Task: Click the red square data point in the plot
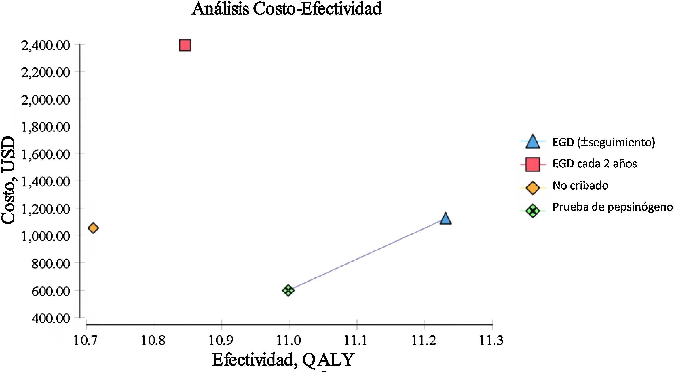click(185, 46)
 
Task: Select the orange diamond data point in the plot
click(93, 228)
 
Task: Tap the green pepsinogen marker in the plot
click(288, 290)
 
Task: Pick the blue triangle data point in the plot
click(445, 219)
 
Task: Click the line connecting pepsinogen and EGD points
click(366, 255)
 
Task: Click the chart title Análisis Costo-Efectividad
click(286, 9)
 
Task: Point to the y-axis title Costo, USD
click(8, 180)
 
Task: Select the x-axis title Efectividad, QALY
click(283, 360)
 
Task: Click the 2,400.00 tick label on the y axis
click(45, 45)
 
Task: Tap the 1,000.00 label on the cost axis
click(45, 236)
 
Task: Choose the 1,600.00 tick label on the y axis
click(45, 154)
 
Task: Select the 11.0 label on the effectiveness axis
click(289, 341)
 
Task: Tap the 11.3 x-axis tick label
click(491, 341)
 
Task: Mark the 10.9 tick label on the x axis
click(221, 341)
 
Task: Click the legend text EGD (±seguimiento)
click(603, 142)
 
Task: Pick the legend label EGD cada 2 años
click(595, 164)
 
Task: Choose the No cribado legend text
click(580, 186)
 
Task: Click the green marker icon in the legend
click(533, 211)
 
